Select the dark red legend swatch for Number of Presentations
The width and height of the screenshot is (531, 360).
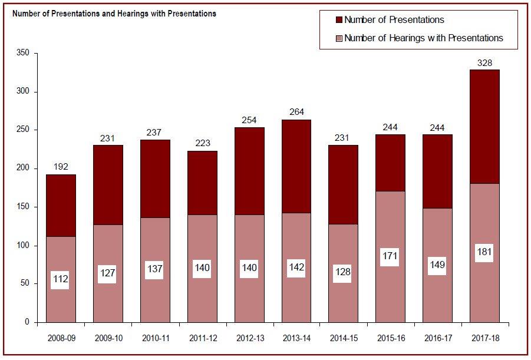coord(339,20)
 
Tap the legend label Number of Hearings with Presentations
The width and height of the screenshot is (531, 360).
coord(423,38)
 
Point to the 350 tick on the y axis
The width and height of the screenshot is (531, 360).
coord(24,54)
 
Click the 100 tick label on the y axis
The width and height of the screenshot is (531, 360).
coord(24,246)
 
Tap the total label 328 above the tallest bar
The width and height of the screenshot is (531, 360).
coord(485,63)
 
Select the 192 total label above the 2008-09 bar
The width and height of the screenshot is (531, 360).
coord(61,167)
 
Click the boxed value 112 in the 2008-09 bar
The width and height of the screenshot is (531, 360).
coord(61,280)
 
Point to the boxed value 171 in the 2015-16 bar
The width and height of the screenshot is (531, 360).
coord(391,256)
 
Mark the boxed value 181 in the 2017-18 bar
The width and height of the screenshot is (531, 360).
coord(485,253)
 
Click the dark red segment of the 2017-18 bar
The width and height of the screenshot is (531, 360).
coord(485,127)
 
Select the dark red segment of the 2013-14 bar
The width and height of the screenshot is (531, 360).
coord(296,166)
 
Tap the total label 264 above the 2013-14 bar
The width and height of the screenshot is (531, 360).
coord(296,113)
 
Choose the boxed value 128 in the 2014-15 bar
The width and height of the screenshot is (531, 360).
coord(344,273)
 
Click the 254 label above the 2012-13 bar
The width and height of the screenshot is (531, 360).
coord(249,120)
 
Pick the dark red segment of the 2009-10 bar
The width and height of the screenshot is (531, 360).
coord(108,185)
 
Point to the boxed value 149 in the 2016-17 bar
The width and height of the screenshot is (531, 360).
coord(438,265)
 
